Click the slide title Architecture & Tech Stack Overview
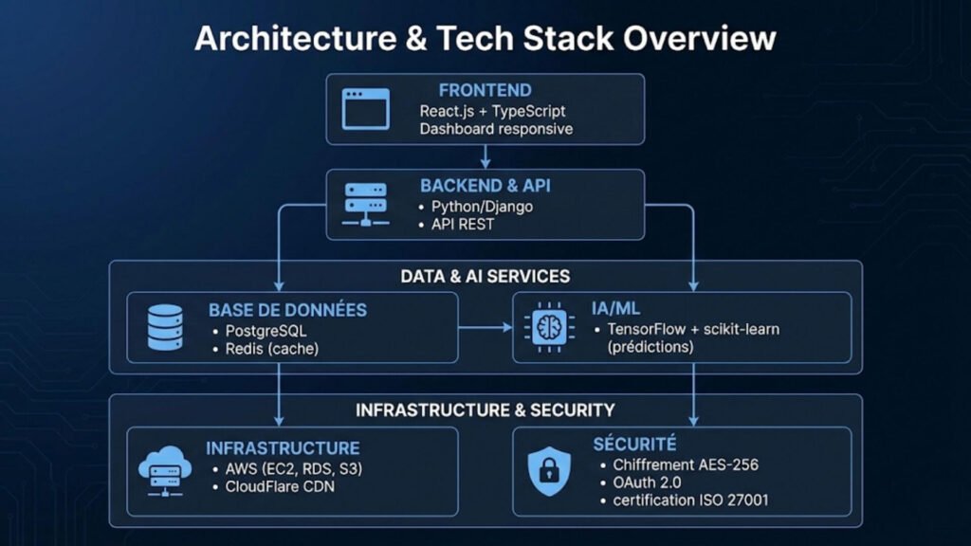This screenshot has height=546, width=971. point(485,38)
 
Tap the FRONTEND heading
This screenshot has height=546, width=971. point(485,91)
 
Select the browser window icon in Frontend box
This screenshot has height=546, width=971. point(366,109)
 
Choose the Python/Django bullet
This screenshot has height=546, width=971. point(482,206)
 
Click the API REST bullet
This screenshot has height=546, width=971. point(463,225)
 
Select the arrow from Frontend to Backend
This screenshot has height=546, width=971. point(485,156)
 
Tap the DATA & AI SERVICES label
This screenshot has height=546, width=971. point(485,277)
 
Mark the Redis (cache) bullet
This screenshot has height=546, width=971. point(265,349)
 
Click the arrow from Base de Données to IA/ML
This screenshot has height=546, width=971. point(485,328)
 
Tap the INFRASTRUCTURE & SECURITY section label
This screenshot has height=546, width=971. point(485,410)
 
